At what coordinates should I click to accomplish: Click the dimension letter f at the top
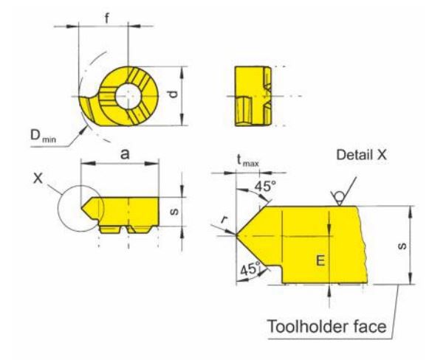point(107,18)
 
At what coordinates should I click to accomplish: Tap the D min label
point(44,136)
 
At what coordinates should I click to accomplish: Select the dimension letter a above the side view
point(125,155)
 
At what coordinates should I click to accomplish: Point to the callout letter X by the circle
point(38,179)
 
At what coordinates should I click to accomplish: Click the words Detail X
point(362,155)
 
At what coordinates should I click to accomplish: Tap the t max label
point(248,162)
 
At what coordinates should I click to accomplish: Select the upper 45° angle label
point(265,187)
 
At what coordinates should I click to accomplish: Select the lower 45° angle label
point(250,269)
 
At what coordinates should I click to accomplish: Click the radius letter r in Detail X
point(224,220)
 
